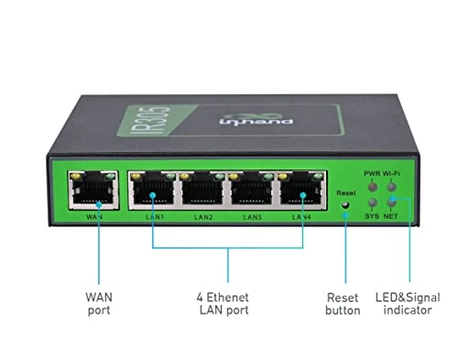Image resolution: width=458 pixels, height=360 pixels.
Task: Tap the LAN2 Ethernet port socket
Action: click(202, 193)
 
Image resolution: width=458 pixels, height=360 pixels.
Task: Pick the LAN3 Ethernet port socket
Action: click(252, 193)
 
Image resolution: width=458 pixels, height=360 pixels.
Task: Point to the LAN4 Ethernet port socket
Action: click(300, 193)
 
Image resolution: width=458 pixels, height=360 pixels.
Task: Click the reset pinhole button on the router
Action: click(345, 205)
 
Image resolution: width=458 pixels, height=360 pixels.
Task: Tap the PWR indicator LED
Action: click(372, 182)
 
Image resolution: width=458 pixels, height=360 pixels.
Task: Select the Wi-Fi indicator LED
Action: click(392, 182)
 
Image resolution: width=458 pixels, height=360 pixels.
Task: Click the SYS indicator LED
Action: click(372, 202)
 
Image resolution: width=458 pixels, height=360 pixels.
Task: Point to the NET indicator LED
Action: click(392, 202)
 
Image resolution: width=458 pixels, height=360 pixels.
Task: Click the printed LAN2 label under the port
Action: click(202, 217)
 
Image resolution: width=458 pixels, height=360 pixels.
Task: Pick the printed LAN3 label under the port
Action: click(252, 217)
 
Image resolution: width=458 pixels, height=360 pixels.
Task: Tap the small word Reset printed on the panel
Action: click(345, 193)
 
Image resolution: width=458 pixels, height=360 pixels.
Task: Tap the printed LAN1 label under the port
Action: click(153, 217)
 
